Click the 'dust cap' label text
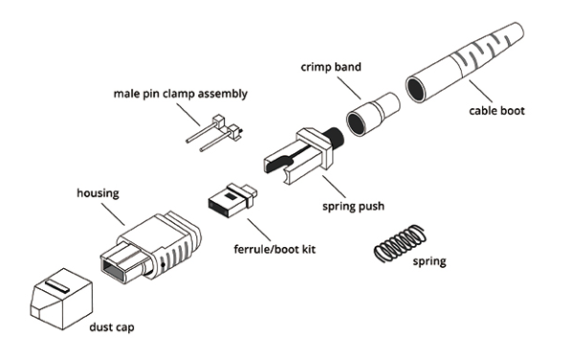[111, 326]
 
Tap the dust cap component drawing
[60, 300]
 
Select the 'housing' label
[98, 192]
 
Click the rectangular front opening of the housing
[114, 267]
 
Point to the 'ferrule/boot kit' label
[274, 249]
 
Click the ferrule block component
[232, 200]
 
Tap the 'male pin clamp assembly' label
[181, 94]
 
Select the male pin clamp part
[215, 133]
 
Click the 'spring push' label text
[354, 207]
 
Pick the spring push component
[303, 155]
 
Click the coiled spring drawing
[400, 243]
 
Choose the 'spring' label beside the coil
[429, 261]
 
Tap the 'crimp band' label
[331, 67]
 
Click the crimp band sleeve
[373, 114]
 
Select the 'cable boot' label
[496, 110]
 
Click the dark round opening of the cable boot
[416, 89]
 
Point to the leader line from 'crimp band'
[349, 88]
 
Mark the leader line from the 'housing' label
[113, 214]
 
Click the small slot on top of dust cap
[57, 286]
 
